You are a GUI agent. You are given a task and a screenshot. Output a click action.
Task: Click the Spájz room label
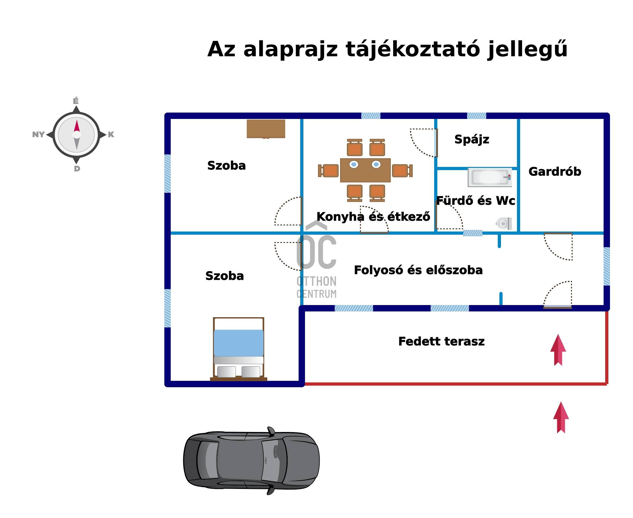pyautogui.click(x=472, y=139)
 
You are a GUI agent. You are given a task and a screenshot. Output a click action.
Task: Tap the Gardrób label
pyautogui.click(x=555, y=172)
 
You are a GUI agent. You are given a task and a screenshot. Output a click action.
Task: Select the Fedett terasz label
pyautogui.click(x=441, y=341)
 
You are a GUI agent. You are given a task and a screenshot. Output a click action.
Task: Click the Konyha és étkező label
pyautogui.click(x=373, y=217)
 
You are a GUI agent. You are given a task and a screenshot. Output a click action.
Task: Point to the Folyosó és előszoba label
pyautogui.click(x=418, y=270)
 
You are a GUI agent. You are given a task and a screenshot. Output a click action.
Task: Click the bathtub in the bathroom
pyautogui.click(x=489, y=177)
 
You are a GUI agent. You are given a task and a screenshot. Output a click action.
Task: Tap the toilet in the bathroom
pyautogui.click(x=504, y=224)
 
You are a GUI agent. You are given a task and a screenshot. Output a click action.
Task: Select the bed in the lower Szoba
pyautogui.click(x=238, y=349)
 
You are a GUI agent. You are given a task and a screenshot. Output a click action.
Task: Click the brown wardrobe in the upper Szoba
pyautogui.click(x=266, y=129)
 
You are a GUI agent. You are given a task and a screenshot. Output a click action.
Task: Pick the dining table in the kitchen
pyautogui.click(x=365, y=170)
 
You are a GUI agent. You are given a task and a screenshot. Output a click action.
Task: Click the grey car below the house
pyautogui.click(x=251, y=460)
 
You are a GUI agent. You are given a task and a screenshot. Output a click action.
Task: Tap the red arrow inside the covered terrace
pyautogui.click(x=558, y=350)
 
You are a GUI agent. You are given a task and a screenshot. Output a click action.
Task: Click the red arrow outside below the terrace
pyautogui.click(x=561, y=418)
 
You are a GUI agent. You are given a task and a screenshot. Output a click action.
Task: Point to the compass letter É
pyautogui.click(x=76, y=101)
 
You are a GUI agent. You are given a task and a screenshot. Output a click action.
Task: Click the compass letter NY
pyautogui.click(x=38, y=135)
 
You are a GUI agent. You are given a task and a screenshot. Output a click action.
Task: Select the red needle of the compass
pyautogui.click(x=77, y=126)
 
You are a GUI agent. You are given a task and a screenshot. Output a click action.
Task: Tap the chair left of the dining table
pyautogui.click(x=329, y=171)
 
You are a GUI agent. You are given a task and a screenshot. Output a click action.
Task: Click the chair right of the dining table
pyautogui.click(x=401, y=171)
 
